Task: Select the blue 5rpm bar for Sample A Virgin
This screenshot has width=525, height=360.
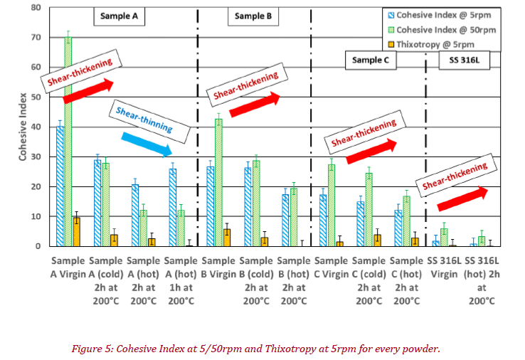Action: click(x=60, y=186)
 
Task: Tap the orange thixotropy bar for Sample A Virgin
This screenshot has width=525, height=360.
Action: click(x=77, y=232)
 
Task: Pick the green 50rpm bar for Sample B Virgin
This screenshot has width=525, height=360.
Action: click(x=218, y=182)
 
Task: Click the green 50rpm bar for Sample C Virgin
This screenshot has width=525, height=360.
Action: click(x=331, y=205)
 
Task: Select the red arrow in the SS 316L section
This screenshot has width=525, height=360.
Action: click(x=463, y=198)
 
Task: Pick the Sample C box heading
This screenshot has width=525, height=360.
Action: click(x=370, y=60)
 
